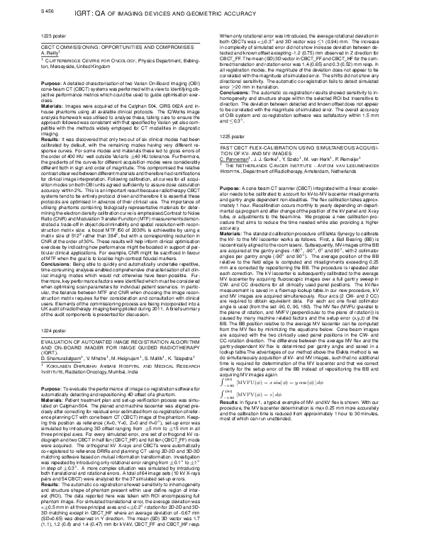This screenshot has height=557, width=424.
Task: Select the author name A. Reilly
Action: click(26, 52)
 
